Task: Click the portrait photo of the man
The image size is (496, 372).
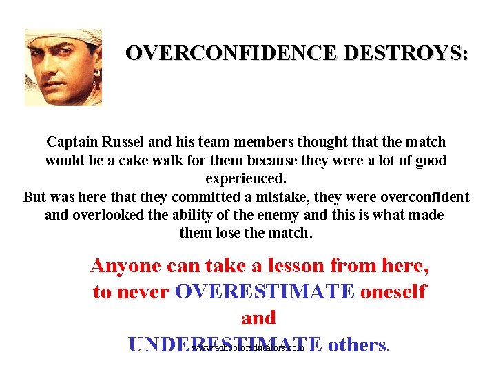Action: pos(63,68)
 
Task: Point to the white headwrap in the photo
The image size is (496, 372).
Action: pos(65,37)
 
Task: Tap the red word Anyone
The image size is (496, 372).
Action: pos(125,265)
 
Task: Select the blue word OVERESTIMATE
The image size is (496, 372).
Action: pos(265,291)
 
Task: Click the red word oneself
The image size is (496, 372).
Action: pos(393,291)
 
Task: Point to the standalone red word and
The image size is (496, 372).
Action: pos(258,318)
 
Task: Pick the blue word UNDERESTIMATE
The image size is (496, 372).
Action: pos(225,344)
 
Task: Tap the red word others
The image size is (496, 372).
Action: pos(356,344)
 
